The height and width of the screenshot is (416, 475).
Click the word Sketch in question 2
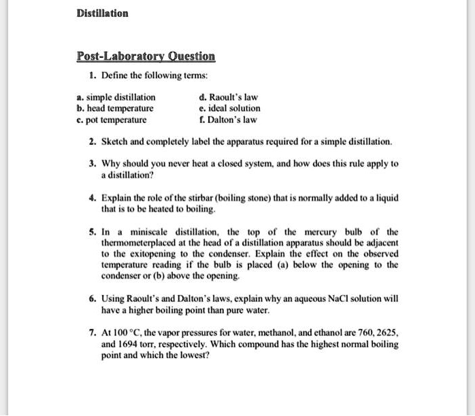tap(114, 142)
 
